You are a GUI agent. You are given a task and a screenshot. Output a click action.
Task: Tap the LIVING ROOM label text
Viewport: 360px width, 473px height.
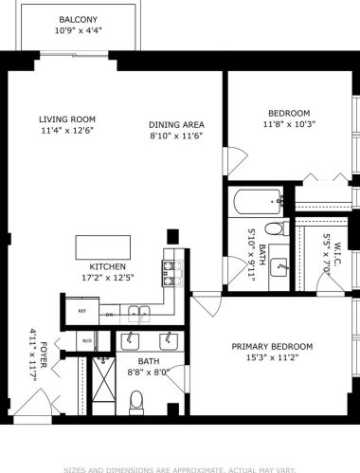coord(67,119)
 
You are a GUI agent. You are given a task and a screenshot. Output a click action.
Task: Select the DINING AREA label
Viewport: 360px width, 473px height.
coord(177,125)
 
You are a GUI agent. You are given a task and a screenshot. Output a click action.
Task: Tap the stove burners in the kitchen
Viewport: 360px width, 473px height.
coord(171,273)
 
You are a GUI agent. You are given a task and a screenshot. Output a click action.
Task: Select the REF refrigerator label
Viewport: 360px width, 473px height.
coord(81,311)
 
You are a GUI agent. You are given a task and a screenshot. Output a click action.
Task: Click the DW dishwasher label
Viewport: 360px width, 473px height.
coord(110,314)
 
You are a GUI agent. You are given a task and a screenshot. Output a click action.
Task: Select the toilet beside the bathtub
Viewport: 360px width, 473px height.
coord(274,228)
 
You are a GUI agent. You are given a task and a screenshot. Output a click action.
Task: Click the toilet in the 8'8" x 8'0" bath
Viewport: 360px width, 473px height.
coord(136,399)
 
